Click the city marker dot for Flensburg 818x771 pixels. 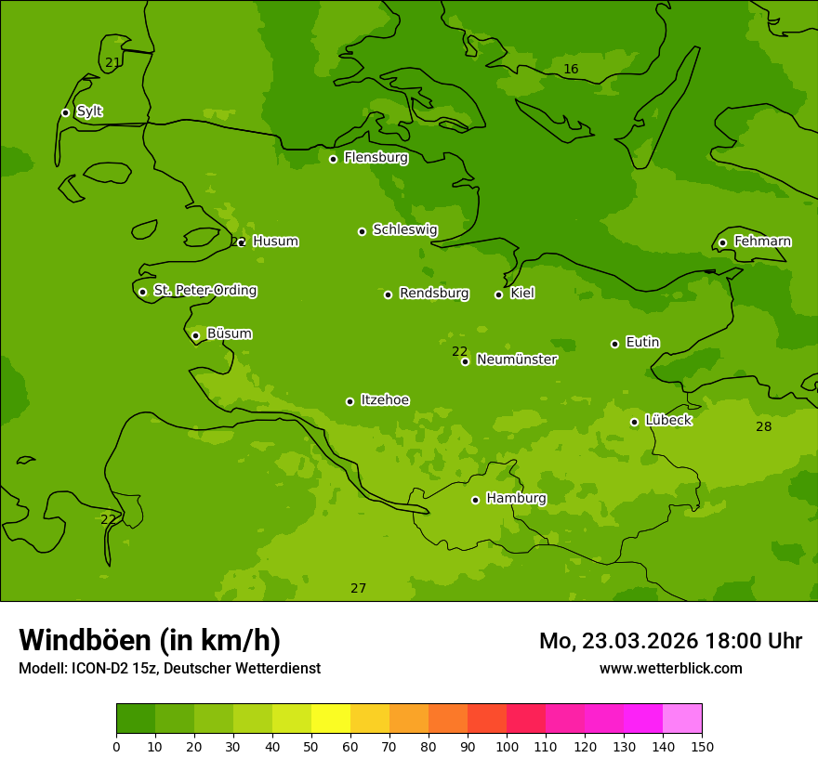tap(333, 159)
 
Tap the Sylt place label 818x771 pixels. tap(89, 111)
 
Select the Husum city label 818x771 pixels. tap(275, 242)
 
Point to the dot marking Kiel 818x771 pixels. tap(498, 294)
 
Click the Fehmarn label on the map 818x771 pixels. tap(762, 242)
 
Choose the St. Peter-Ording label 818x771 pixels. tap(204, 291)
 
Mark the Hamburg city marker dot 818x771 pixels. tap(475, 500)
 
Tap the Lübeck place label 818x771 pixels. tap(667, 421)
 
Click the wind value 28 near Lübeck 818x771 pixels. tap(763, 427)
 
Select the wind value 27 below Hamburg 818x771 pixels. tap(358, 588)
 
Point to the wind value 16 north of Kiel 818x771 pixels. tap(571, 70)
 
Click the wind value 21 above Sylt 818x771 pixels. tap(112, 63)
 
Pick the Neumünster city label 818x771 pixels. tap(516, 359)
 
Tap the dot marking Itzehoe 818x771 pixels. tap(350, 401)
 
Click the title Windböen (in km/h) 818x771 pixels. tap(150, 640)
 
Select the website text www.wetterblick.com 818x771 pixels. tap(670, 668)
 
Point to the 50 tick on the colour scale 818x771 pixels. tap(311, 745)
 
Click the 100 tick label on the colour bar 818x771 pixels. tap(507, 745)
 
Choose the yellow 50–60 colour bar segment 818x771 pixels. tap(331, 718)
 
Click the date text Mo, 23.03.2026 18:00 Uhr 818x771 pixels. tap(670, 641)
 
